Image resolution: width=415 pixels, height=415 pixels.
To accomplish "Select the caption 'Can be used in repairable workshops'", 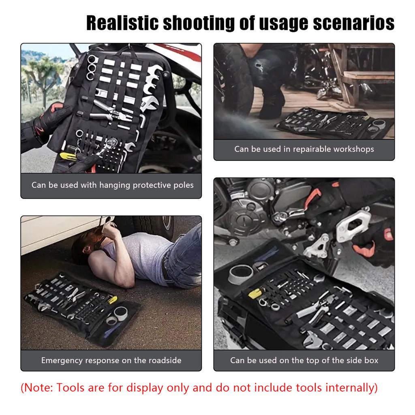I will point(304,149).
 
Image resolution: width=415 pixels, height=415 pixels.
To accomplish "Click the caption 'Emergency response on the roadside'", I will point(111,360).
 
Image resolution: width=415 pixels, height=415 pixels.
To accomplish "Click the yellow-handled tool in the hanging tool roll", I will point(68,156).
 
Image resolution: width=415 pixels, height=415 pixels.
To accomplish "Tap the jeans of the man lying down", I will point(184,259).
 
